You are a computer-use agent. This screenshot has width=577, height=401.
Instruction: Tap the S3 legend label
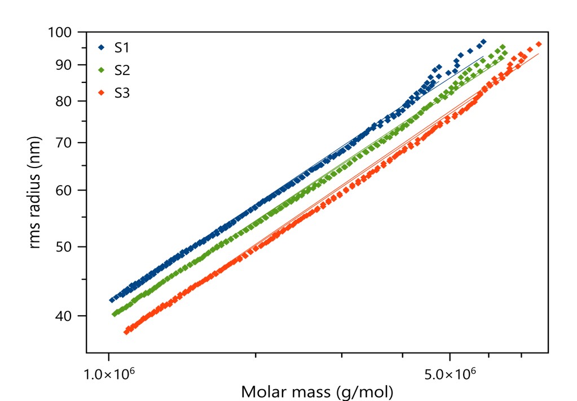coord(122,93)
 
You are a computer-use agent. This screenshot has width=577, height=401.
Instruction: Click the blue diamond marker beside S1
coord(101,47)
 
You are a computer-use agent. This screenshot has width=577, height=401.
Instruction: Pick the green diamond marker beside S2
coord(101,70)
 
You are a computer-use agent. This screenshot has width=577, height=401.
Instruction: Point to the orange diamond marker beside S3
coord(101,93)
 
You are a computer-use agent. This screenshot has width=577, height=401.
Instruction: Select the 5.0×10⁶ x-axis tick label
coord(449,373)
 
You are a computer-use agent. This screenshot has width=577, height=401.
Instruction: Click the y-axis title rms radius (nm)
coord(36,192)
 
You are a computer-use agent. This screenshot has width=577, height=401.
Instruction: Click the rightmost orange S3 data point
coord(539,44)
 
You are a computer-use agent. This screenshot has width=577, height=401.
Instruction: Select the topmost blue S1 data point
coord(483,42)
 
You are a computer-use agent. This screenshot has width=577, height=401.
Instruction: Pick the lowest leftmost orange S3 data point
coord(126,332)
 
